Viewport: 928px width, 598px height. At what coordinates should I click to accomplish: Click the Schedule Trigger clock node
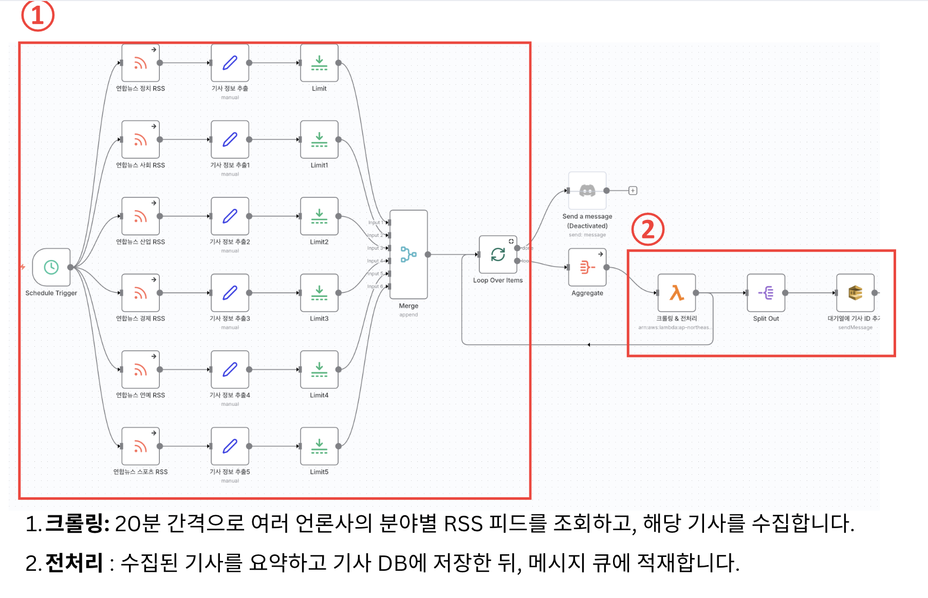51,267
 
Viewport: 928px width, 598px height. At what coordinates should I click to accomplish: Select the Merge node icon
409,254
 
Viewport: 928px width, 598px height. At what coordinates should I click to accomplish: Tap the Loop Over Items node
497,254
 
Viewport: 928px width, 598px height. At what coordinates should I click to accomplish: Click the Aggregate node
587,267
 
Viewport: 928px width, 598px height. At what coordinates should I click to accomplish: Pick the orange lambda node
676,293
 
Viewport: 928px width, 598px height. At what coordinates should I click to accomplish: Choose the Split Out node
766,293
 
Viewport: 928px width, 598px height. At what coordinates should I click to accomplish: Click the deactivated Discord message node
587,191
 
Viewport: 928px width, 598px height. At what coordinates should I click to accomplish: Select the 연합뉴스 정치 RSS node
140,63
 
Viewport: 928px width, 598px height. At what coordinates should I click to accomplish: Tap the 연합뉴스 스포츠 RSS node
140,446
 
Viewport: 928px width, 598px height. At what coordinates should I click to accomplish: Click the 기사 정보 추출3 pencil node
230,293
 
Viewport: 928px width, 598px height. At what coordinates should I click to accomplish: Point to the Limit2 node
319,216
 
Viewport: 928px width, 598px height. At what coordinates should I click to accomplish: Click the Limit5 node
319,446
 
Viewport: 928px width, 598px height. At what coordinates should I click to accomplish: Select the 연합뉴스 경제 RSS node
140,293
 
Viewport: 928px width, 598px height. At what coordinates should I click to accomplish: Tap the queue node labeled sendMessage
855,293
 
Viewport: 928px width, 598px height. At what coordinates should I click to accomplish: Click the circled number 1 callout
38,15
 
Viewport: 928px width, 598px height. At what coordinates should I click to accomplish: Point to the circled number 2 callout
647,229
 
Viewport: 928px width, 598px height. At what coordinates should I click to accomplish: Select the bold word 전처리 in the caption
75,563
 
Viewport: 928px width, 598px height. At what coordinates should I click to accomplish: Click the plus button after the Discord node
633,191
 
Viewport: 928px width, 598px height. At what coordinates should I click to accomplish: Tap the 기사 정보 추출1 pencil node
230,139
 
